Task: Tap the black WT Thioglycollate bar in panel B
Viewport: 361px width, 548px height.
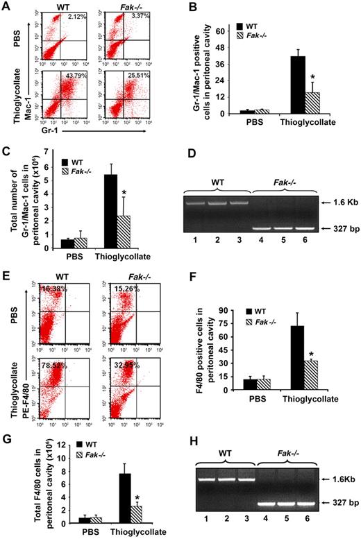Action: [298, 84]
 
